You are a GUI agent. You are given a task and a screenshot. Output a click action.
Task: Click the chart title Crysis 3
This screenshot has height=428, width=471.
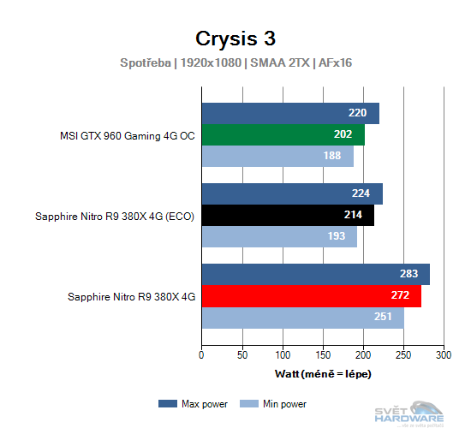[235, 39]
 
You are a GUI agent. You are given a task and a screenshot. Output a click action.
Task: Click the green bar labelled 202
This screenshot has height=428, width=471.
[283, 135]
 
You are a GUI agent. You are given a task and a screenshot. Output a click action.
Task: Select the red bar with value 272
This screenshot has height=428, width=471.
[311, 296]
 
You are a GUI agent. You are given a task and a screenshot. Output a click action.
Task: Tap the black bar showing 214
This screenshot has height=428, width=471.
[288, 216]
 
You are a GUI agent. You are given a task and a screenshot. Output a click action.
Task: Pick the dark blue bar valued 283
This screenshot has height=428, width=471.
[315, 274]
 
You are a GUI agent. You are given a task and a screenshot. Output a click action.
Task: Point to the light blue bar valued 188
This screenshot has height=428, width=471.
[277, 156]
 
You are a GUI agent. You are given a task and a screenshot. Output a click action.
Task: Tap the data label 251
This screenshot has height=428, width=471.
[383, 317]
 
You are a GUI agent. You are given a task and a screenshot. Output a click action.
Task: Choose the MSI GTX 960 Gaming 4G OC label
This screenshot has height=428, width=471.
[127, 135]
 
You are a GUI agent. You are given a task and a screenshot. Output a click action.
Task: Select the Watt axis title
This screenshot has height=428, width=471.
[323, 374]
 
